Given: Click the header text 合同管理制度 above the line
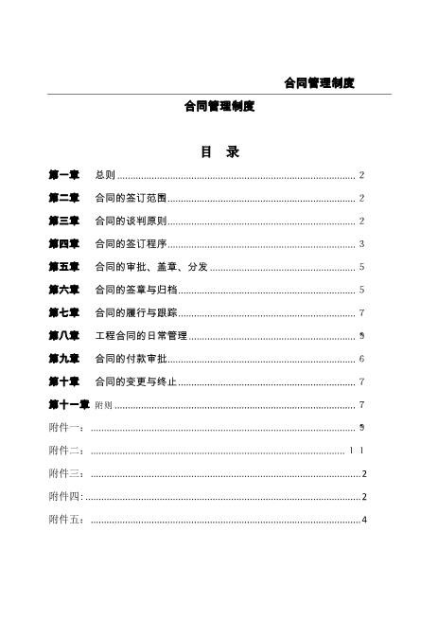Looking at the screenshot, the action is [320, 83].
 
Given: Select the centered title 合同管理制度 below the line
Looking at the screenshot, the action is [219, 107].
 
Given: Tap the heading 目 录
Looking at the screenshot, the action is [219, 151].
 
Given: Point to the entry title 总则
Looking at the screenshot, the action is [105, 175].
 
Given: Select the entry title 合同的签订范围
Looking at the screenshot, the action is [131, 198].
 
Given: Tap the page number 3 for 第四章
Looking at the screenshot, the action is [362, 244].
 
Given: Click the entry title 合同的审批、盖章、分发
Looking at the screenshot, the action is [151, 267].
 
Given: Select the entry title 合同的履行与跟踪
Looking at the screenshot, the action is [136, 312].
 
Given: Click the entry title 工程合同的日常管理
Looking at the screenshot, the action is [142, 336].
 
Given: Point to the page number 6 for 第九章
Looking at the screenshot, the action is [362, 359].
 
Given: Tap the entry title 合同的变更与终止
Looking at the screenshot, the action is [136, 381].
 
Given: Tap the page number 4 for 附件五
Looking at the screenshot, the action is [363, 520].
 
